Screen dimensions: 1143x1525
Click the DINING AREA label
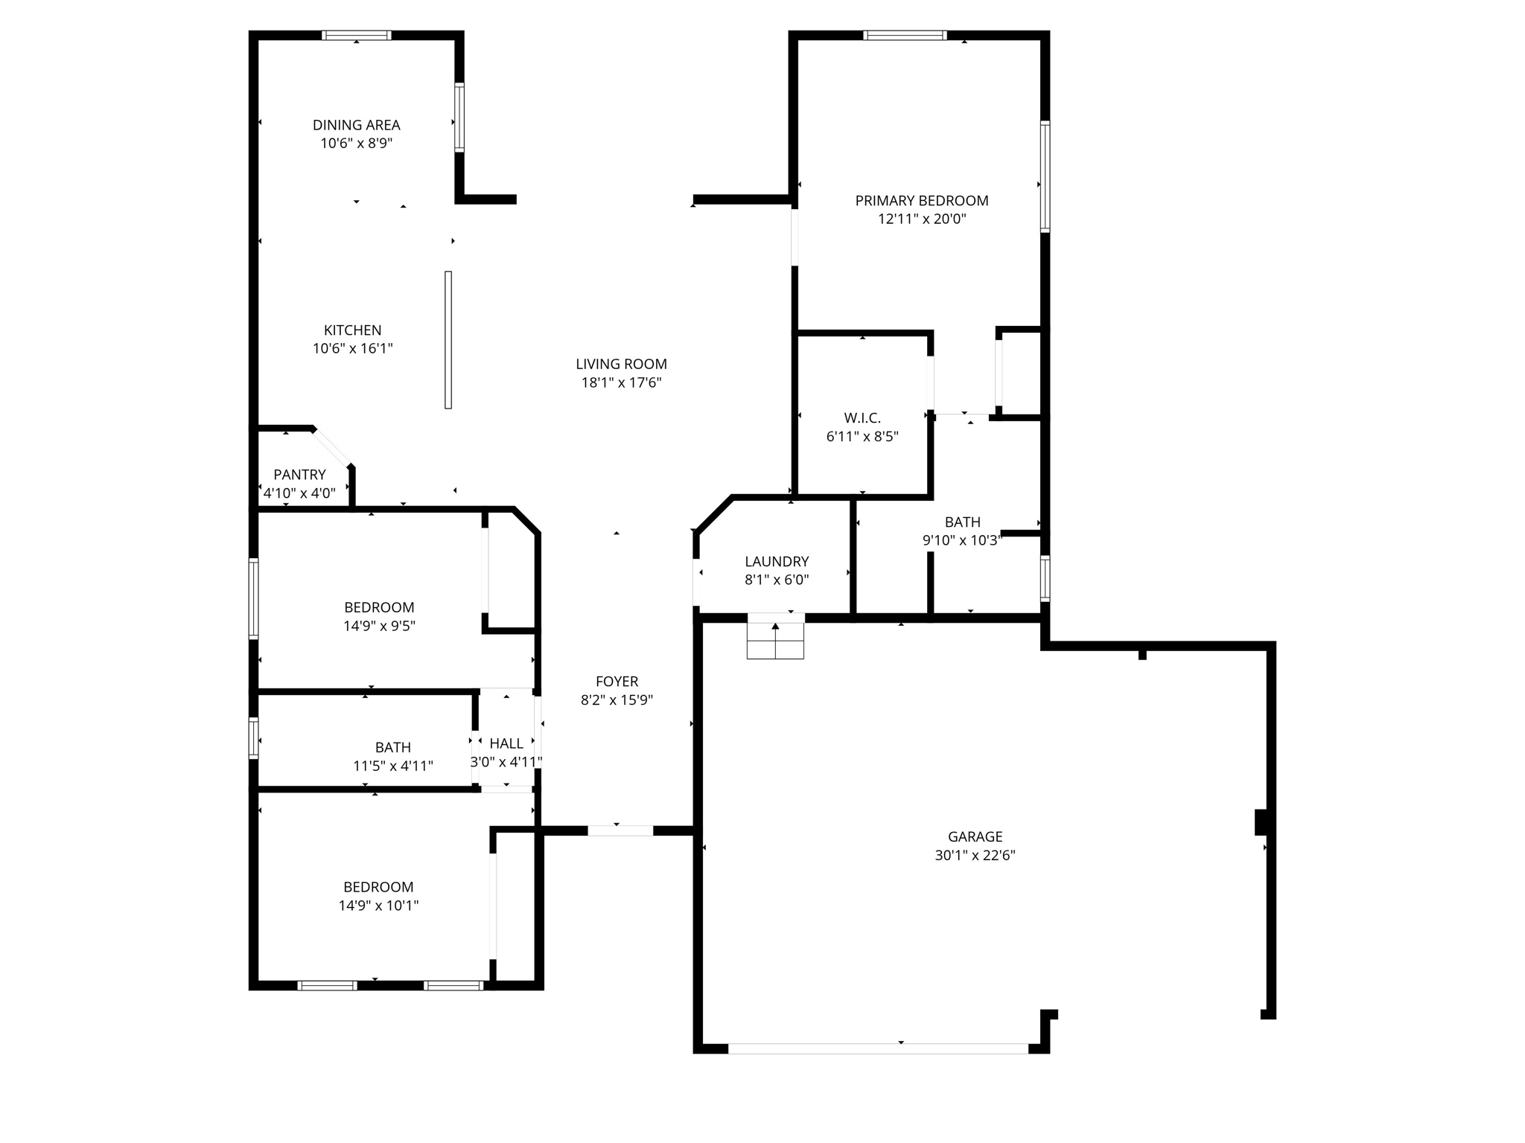pos(356,125)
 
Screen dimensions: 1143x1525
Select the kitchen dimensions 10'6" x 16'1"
pos(352,348)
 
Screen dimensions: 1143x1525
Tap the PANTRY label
pos(299,475)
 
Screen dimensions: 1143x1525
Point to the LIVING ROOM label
pos(621,364)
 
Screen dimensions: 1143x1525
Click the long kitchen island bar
pos(448,339)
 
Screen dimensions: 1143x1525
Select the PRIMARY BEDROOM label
pos(921,200)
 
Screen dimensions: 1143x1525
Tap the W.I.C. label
pos(862,418)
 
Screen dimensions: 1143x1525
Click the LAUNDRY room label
pos(777,562)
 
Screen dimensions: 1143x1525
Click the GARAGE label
pos(975,836)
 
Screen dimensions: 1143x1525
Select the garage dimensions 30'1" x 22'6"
pos(975,856)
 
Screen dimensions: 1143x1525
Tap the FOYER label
pos(617,682)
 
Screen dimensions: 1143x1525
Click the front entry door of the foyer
pos(620,830)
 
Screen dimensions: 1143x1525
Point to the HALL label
pos(506,743)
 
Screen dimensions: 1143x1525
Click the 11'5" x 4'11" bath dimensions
pos(392,766)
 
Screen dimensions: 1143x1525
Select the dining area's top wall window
pos(357,35)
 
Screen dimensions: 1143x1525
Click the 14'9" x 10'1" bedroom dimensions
pos(378,906)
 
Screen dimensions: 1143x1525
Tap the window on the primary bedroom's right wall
pos(1045,176)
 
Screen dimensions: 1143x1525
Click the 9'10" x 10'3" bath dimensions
pos(962,541)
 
